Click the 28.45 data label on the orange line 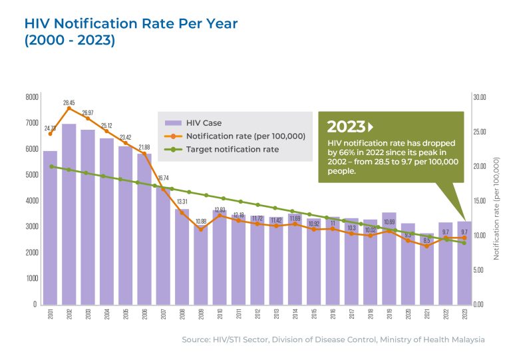[x=69, y=102]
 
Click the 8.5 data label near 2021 [x=426, y=240]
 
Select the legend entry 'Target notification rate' [x=232, y=150]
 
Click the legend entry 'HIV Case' [x=204, y=122]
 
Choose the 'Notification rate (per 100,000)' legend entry [x=246, y=136]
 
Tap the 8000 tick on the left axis [x=31, y=97]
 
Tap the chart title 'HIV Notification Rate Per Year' [x=130, y=23]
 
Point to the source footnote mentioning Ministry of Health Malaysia [x=333, y=340]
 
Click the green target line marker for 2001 [x=50, y=166]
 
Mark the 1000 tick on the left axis [x=31, y=278]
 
